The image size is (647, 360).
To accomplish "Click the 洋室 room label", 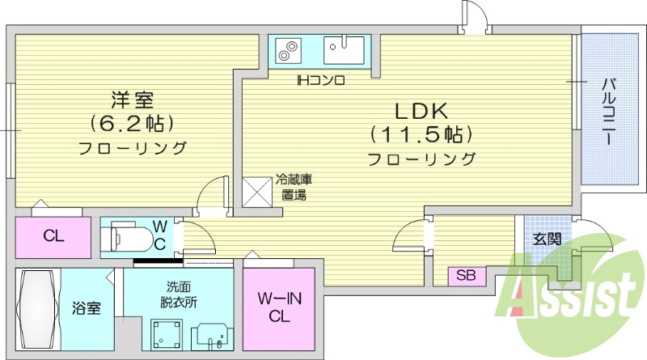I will coord(132,100).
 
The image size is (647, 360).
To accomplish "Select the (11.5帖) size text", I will coord(421,133).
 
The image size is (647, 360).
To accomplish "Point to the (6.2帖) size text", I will coord(132,124).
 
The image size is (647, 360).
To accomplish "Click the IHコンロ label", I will coord(321,80).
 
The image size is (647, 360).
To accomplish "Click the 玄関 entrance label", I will coord(547,239).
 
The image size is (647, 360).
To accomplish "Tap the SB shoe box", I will coord(467,275).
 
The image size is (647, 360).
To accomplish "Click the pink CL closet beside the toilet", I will coord(54,237).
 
